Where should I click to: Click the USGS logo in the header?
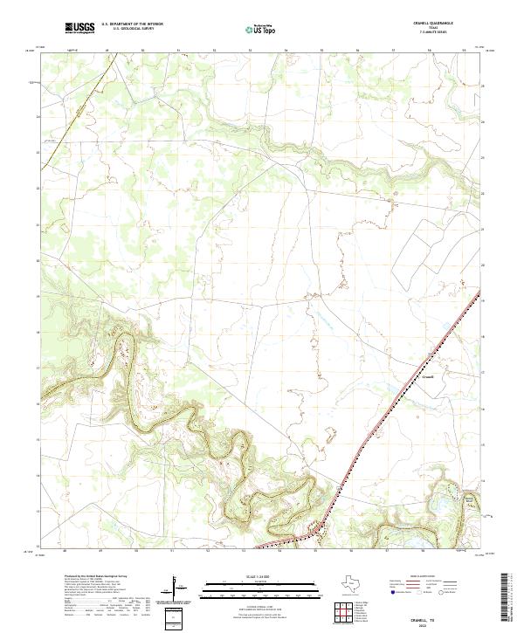coord(79,27)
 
